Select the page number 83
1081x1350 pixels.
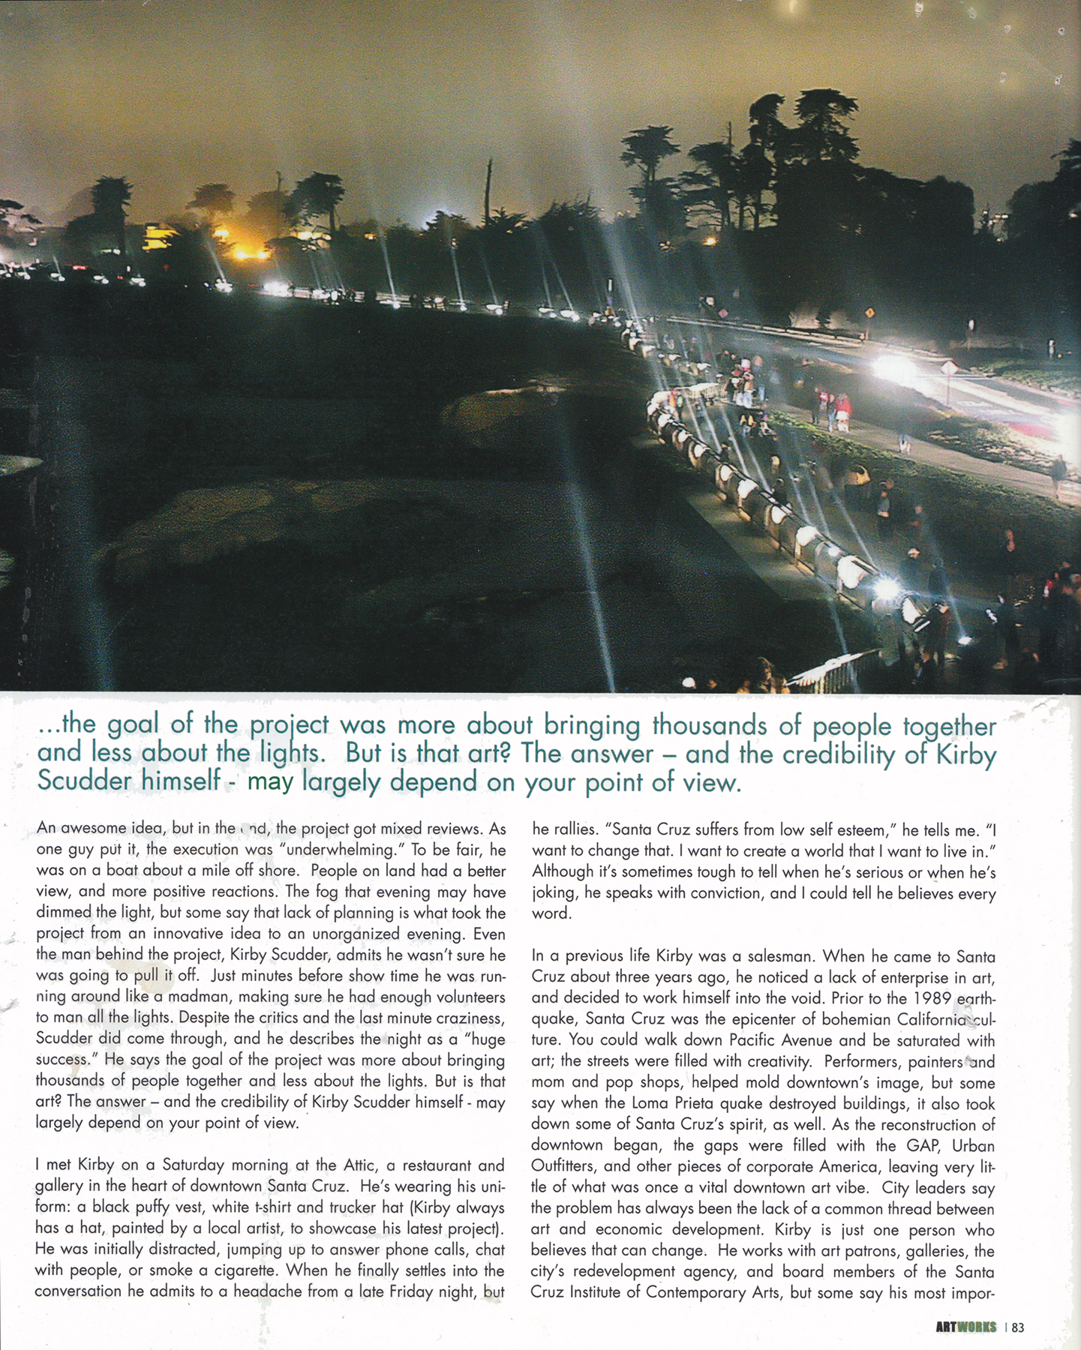click(1017, 1327)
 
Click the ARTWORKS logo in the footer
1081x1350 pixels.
click(966, 1327)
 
